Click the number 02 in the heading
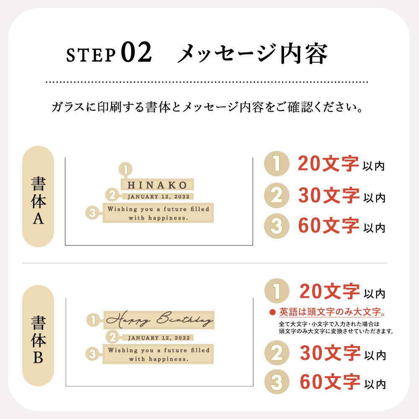click(x=136, y=54)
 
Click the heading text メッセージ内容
click(x=252, y=54)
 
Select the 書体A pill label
click(x=38, y=197)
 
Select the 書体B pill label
click(x=38, y=336)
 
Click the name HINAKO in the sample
click(x=157, y=185)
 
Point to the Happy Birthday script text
click(x=159, y=321)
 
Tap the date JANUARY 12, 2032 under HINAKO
click(x=158, y=196)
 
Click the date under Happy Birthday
click(x=158, y=338)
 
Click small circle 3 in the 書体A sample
click(x=92, y=213)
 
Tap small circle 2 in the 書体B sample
click(x=112, y=337)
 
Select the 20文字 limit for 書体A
click(x=328, y=164)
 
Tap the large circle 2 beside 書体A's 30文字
click(x=277, y=195)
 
